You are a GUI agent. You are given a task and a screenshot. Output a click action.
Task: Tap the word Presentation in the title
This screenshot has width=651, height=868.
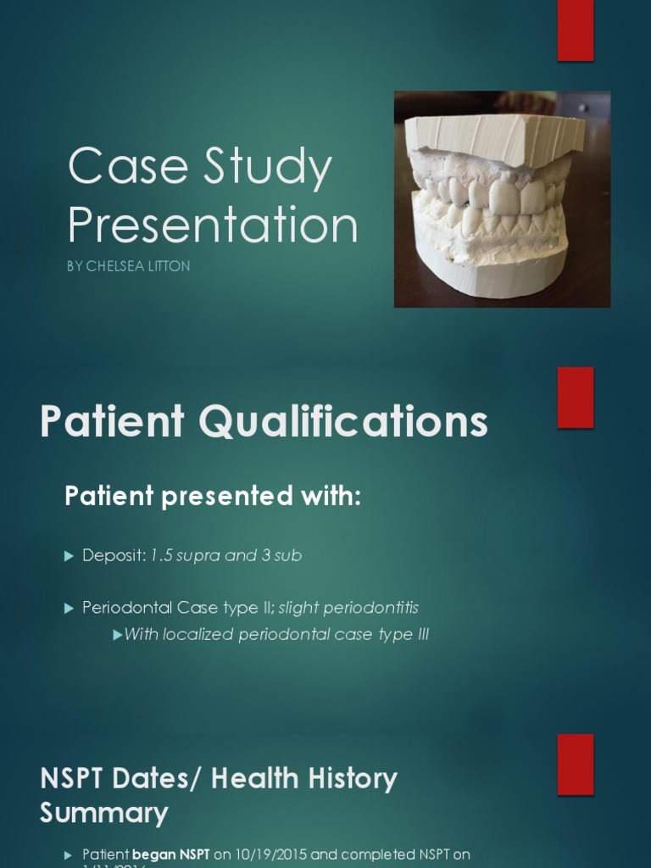click(x=212, y=225)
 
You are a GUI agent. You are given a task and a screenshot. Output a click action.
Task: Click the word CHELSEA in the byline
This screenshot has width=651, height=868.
click(x=115, y=266)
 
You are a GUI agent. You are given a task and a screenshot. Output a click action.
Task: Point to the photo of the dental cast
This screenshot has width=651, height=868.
click(x=502, y=199)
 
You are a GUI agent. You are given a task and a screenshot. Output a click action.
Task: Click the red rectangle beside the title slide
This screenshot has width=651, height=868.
click(x=575, y=31)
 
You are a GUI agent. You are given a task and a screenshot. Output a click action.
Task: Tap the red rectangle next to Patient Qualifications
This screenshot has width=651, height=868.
click(x=575, y=398)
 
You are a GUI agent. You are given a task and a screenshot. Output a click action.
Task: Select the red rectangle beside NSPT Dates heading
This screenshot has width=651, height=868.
click(x=575, y=765)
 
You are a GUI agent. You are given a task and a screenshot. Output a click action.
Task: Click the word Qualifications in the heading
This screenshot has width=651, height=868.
click(x=340, y=421)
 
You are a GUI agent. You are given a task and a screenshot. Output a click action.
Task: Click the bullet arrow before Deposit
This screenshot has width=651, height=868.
click(x=70, y=556)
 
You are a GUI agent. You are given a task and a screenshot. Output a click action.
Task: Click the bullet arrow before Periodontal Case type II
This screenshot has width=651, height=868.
click(x=70, y=608)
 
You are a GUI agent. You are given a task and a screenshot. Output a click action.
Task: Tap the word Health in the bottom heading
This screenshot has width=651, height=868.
click(x=258, y=778)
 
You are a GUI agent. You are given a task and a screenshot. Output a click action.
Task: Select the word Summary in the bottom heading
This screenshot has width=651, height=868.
click(x=103, y=814)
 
